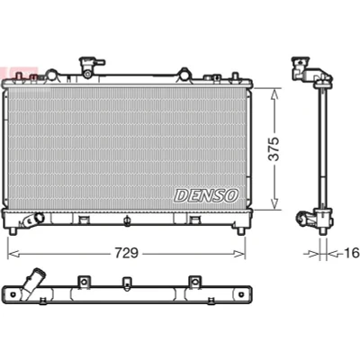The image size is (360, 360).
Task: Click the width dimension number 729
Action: (126, 254)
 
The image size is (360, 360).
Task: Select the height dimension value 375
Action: (274, 149)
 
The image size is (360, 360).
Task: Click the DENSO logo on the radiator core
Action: (206, 195)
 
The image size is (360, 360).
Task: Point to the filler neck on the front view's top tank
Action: (89, 66)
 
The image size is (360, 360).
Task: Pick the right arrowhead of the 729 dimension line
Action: (239, 255)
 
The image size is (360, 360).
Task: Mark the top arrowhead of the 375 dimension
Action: (274, 94)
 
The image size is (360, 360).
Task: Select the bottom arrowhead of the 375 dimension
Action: (274, 203)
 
